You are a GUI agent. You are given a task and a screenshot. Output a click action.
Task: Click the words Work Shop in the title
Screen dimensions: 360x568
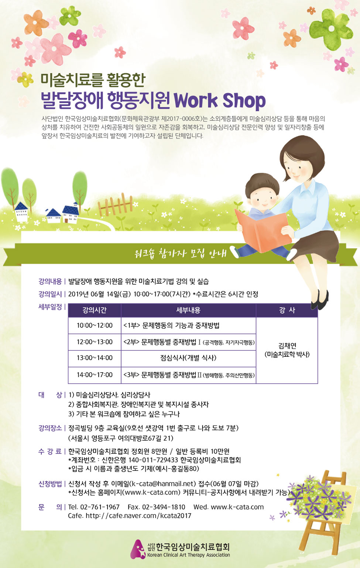(x=220, y=101)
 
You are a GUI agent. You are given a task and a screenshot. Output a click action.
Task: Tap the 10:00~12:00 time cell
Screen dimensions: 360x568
(x=95, y=325)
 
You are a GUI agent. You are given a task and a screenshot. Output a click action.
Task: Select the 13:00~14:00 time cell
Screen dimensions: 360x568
(x=95, y=358)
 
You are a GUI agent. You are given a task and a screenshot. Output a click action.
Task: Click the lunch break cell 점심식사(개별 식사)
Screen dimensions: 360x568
(x=188, y=358)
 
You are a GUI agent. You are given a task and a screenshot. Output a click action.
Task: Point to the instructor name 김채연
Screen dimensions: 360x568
(x=287, y=346)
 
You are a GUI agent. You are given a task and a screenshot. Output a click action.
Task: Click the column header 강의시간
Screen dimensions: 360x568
(x=95, y=310)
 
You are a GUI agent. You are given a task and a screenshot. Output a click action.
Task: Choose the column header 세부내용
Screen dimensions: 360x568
(x=188, y=310)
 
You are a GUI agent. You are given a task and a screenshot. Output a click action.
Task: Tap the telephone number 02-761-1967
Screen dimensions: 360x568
(x=100, y=507)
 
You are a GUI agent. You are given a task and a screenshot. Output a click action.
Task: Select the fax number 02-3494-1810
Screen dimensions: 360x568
(x=164, y=507)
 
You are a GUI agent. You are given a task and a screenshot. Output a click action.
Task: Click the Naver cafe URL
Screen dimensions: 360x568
(x=138, y=516)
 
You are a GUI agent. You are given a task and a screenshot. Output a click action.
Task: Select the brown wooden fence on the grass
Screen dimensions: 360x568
(x=115, y=205)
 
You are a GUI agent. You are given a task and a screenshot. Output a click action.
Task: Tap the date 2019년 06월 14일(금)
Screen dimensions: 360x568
(x=99, y=294)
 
